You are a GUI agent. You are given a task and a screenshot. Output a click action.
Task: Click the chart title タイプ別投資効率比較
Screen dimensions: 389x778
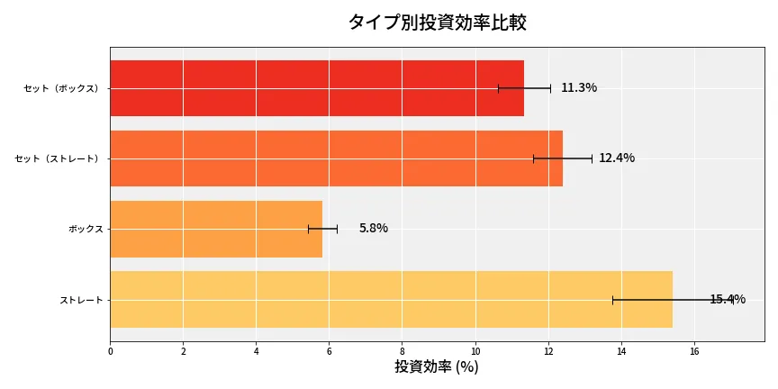coord(437,23)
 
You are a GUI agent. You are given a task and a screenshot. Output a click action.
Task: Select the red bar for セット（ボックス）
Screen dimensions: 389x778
coord(316,88)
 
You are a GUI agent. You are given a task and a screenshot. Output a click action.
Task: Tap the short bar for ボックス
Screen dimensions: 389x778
coord(216,229)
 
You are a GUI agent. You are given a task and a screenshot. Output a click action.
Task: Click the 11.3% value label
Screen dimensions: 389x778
coord(579,88)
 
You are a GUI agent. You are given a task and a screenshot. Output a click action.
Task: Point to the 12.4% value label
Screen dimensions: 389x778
coord(617,158)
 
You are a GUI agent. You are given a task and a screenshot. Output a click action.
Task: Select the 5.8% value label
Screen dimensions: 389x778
coord(373,229)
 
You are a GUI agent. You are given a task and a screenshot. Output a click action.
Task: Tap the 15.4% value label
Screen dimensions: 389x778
coord(728,300)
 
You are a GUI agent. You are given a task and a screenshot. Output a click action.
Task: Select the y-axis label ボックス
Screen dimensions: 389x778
coord(86,229)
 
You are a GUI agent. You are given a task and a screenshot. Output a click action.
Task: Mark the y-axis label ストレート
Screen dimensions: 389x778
coord(81,299)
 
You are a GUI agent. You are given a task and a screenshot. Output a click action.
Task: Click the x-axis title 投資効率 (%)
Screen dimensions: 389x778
coord(437,367)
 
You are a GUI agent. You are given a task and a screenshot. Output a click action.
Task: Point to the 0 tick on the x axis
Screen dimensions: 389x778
coord(110,352)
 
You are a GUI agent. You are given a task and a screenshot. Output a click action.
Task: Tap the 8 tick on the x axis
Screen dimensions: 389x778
coord(403,352)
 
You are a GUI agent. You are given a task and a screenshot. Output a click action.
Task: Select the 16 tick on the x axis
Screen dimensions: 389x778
coord(694,352)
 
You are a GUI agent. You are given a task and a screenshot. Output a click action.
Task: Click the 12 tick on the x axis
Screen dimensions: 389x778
coord(548,352)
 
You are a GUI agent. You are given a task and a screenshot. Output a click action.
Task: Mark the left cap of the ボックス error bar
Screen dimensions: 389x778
coord(309,229)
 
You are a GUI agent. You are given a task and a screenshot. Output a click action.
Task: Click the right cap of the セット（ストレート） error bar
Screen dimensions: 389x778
coord(592,158)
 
